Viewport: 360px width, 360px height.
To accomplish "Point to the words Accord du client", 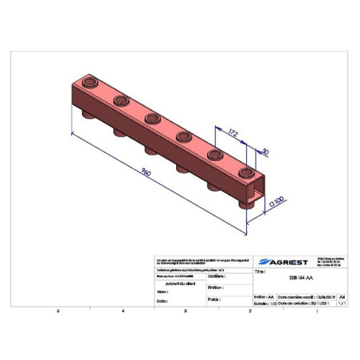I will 180,283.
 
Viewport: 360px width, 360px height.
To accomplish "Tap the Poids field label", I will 213,299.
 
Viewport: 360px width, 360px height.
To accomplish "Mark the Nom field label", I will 162,292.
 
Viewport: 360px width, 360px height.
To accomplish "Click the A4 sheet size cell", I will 342,295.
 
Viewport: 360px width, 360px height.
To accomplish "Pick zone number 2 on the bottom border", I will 249,311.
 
